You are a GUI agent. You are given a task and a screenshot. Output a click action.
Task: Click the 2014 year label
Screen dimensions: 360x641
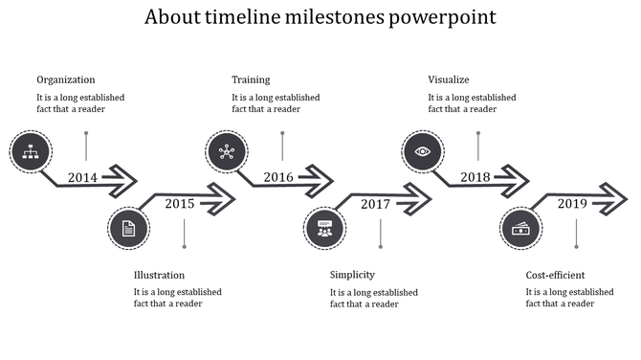click(x=83, y=177)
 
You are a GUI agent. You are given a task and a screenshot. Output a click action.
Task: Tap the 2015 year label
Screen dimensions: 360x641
click(x=180, y=203)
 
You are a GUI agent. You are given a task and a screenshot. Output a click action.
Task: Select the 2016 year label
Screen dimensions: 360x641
click(x=278, y=177)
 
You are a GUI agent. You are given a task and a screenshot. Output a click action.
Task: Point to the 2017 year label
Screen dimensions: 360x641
click(x=375, y=203)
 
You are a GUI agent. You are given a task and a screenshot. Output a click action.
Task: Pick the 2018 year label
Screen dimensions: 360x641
click(x=475, y=177)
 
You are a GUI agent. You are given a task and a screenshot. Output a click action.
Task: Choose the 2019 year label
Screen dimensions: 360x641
click(x=572, y=203)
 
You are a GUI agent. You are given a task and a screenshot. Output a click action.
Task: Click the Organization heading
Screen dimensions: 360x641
click(x=66, y=79)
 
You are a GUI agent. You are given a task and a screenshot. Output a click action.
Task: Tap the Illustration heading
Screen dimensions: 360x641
click(x=160, y=275)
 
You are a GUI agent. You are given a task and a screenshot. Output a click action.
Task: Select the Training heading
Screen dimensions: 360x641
click(x=251, y=79)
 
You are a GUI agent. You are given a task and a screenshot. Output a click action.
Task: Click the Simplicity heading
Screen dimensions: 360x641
click(x=352, y=275)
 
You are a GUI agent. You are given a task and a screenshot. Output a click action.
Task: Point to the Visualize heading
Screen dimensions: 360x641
click(x=449, y=79)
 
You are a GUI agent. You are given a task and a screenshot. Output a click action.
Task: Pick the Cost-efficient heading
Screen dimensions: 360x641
click(x=556, y=275)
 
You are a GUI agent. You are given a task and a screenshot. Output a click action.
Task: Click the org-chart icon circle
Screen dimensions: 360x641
click(x=30, y=150)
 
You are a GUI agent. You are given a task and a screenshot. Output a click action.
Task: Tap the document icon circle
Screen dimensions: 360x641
click(x=128, y=228)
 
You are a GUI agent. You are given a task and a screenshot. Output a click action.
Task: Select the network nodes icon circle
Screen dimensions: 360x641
click(x=227, y=151)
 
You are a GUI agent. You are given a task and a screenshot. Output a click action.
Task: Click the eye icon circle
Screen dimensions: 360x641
click(x=422, y=151)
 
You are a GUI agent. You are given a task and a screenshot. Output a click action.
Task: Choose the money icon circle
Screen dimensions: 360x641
click(x=520, y=228)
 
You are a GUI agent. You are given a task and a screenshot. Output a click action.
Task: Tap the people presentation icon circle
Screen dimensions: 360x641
click(x=324, y=228)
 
